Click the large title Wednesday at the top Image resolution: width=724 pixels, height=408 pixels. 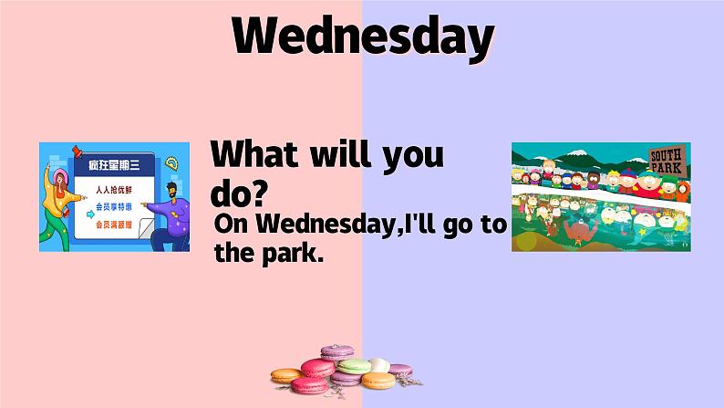tap(362, 37)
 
